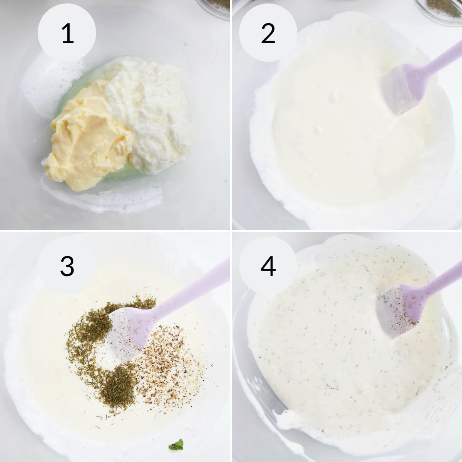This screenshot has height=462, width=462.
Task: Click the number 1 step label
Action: tap(67, 33)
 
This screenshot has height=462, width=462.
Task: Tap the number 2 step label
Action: tap(268, 33)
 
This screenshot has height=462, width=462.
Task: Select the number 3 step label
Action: tap(67, 266)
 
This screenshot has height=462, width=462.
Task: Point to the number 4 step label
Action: tap(268, 266)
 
